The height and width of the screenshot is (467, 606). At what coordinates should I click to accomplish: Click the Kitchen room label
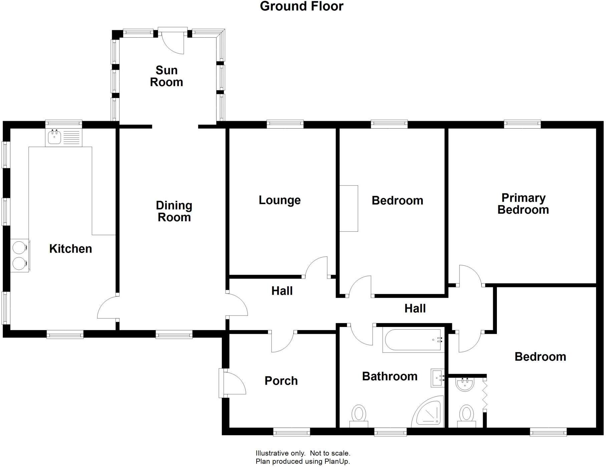point(70,249)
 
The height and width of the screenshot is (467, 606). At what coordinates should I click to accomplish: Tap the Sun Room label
point(167,76)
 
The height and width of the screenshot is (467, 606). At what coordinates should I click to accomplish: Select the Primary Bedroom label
point(523,204)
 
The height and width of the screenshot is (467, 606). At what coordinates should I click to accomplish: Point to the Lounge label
point(280,200)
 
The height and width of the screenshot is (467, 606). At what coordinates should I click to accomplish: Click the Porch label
point(281,381)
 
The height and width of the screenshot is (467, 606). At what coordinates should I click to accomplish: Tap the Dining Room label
point(174,211)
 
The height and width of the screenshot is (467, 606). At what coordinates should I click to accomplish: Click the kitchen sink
point(54,137)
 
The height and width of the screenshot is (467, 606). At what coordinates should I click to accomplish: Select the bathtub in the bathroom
point(413,340)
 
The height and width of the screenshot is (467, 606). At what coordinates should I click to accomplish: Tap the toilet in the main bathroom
point(359,415)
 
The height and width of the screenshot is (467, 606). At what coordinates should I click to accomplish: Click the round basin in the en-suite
point(465,385)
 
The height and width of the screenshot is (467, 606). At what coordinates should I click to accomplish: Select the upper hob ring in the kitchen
point(19,248)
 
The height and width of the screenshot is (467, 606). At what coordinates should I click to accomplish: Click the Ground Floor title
point(302,6)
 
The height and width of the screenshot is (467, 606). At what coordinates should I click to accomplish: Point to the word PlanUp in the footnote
point(337,461)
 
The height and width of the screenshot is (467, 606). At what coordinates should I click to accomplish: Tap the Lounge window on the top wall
point(285,124)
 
